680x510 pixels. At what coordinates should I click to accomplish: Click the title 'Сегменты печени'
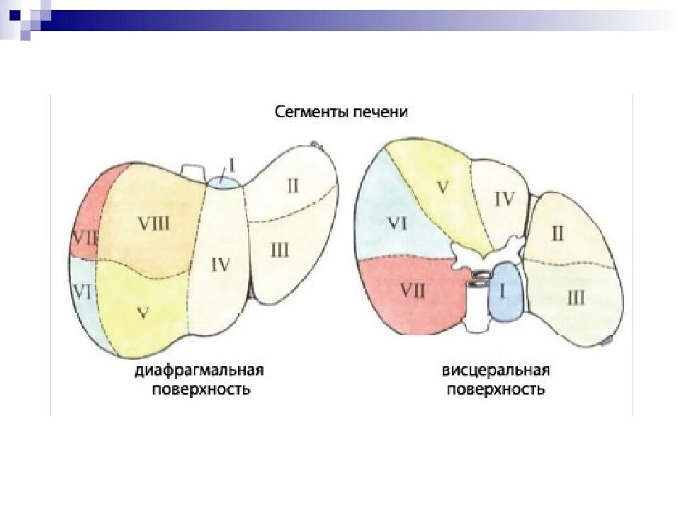pos(341,112)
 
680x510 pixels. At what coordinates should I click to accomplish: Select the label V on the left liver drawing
pos(142,312)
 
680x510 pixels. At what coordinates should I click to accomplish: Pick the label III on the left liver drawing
pos(279,249)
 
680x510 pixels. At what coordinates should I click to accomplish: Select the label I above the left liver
pos(233,166)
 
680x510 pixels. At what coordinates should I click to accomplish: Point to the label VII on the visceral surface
pos(413,290)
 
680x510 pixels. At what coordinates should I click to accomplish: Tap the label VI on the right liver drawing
pos(396,224)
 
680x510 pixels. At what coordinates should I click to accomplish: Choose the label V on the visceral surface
pos(443,188)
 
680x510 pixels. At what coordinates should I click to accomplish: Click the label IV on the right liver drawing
pos(504,199)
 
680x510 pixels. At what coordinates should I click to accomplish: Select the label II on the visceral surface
pos(557,232)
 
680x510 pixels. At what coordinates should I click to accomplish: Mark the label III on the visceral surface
pos(576,297)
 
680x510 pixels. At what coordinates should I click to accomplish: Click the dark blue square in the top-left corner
pos(15,12)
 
